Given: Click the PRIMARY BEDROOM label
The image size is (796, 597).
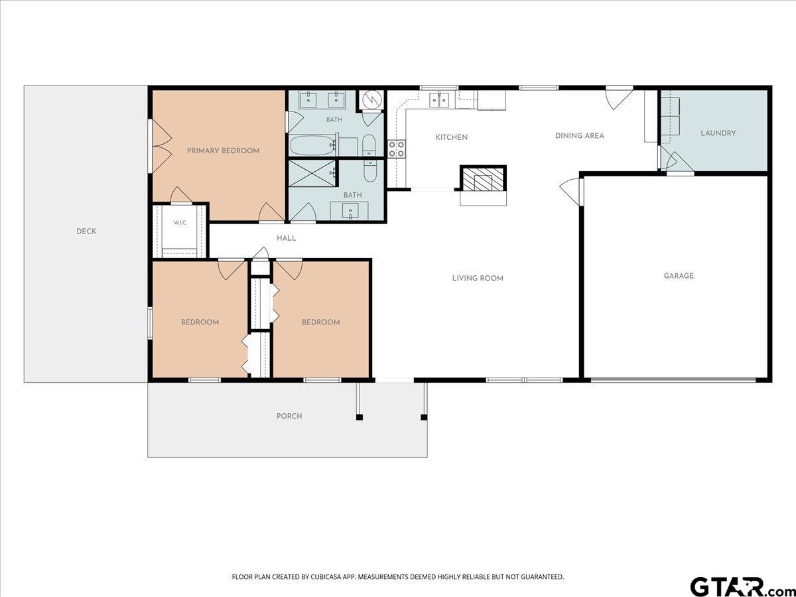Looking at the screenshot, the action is pos(223,151).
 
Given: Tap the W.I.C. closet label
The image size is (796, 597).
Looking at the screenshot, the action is pos(180,223).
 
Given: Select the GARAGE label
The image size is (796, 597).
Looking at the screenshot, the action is pos(679,276).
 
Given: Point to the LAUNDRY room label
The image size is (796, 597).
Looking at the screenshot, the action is pos(718,133).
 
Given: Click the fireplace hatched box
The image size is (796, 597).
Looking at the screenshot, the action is pos(483,178).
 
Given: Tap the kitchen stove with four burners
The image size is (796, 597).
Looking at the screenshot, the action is pos(397,149).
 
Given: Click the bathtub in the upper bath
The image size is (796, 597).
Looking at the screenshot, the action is pos(313,145).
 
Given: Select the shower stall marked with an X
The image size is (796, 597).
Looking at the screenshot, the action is pos(312,173).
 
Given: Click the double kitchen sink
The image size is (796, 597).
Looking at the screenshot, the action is pos(439,99).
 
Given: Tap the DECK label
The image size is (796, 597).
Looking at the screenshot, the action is pos(86,232).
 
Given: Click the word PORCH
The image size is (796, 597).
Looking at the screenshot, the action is pos(289,416).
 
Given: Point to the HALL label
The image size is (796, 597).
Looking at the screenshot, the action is pos(286,238).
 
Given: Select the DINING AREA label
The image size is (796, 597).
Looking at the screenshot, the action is pos(580,135).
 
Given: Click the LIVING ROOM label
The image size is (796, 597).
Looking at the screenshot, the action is pos(478,278).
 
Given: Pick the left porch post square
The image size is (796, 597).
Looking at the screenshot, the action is pos(359,417).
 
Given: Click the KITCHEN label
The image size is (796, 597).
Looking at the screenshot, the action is pos(452,137).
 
